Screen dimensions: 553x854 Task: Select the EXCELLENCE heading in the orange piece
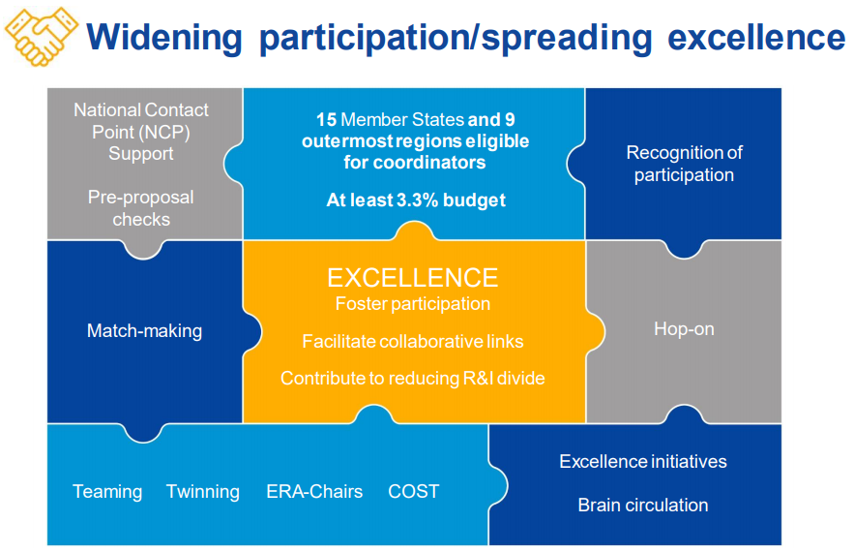tap(412, 278)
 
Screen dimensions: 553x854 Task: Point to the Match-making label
tap(144, 331)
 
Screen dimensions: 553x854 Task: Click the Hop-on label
tap(684, 329)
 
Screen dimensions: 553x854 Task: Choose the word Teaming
tap(107, 492)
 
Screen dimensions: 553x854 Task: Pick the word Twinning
tap(203, 492)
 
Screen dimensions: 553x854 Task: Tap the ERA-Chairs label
tap(314, 492)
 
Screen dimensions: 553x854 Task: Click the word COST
tap(413, 492)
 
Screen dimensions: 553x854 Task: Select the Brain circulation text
tap(643, 506)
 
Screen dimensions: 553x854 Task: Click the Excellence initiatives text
tap(643, 462)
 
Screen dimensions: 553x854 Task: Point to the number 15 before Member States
tap(327, 120)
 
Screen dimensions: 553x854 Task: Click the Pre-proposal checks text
tap(141, 208)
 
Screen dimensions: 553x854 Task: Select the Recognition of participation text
tap(684, 164)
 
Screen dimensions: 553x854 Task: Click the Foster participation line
tap(413, 304)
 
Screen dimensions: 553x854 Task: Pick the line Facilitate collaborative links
tap(413, 342)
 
